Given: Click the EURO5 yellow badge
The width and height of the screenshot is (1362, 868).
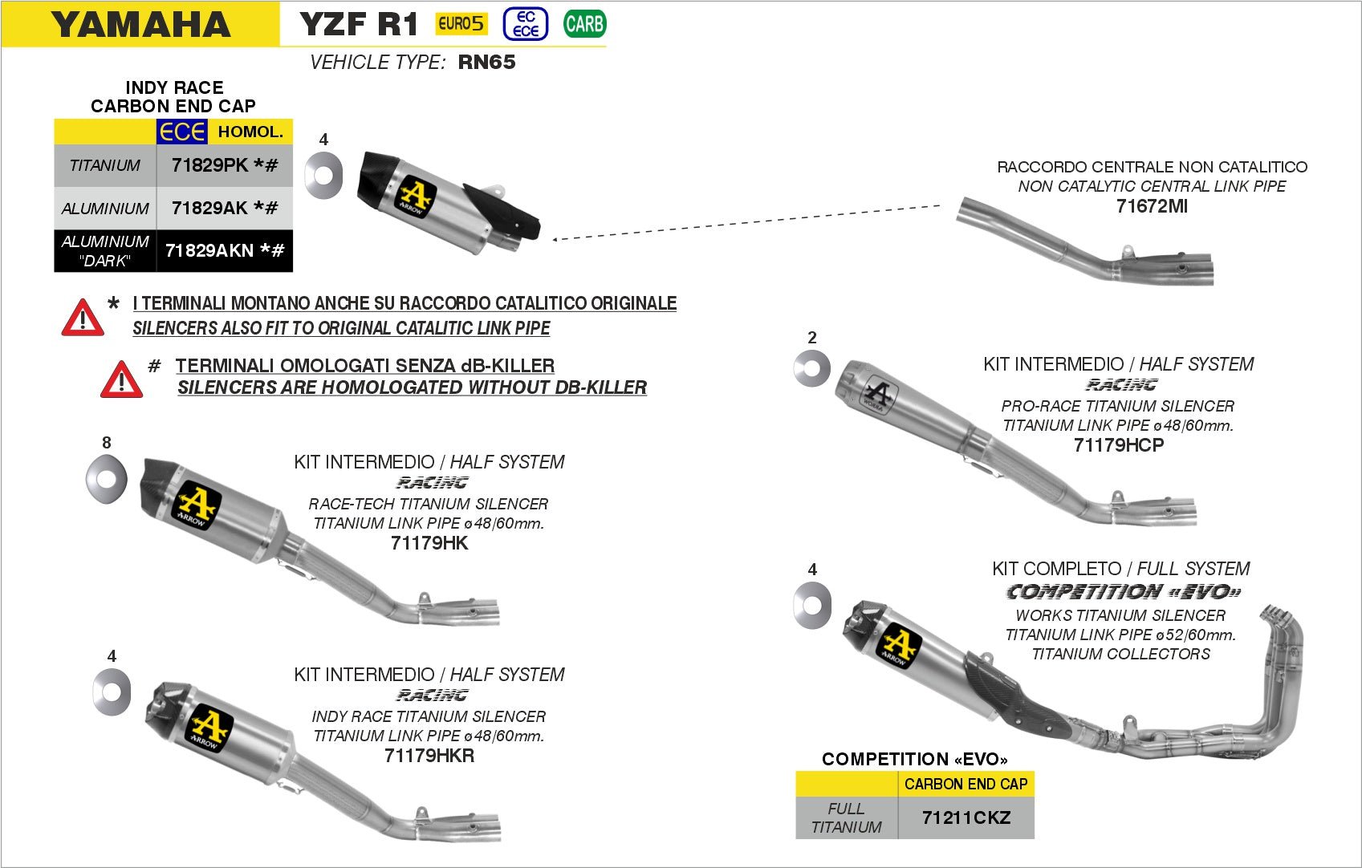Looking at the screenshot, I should (461, 24).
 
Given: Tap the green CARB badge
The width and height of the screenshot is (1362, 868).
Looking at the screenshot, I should (584, 24).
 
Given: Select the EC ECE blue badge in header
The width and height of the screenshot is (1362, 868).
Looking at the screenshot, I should (526, 24).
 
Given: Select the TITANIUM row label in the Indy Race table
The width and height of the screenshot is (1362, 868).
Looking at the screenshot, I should (105, 165).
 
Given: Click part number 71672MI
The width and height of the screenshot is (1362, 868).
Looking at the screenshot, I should (1152, 206).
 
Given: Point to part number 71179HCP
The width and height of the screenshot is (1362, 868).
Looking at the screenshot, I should (1118, 445).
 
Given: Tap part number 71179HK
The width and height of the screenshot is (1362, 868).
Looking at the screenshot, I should (429, 543).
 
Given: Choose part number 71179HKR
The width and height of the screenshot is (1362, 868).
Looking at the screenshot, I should (429, 756).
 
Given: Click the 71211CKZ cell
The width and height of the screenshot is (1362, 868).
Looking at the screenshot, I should (966, 817).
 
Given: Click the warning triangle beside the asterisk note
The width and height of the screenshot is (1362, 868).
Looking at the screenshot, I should (83, 318).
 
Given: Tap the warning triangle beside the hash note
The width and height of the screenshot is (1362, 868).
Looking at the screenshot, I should (121, 379).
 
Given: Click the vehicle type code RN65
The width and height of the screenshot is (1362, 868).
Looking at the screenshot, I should (486, 63).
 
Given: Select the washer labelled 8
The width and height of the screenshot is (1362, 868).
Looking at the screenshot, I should (107, 479).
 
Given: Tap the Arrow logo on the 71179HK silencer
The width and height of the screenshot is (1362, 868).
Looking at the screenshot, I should (197, 505).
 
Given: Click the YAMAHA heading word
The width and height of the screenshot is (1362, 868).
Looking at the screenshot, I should (140, 24).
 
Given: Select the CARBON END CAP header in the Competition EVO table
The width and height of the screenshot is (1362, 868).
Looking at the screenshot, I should (966, 784).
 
